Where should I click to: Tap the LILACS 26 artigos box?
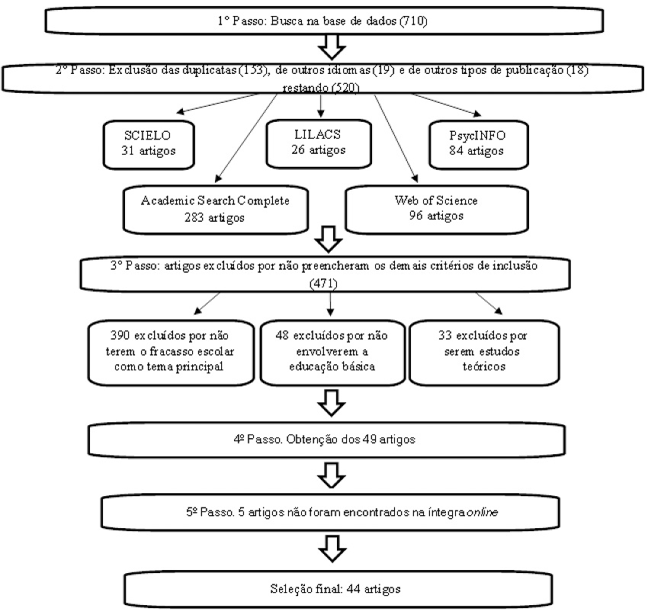coord(319,143)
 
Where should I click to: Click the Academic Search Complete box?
coord(217,208)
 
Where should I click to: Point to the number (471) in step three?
coord(327,281)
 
